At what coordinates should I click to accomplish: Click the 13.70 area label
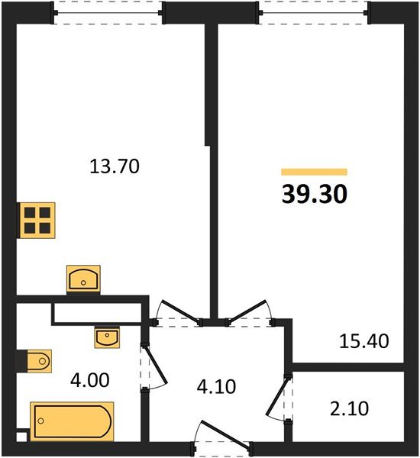[114, 166]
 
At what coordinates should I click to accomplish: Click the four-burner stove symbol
[36, 219]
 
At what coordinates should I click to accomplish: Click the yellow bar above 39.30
[314, 173]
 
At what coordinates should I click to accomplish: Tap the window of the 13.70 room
[109, 12]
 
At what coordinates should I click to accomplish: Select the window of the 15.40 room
[314, 12]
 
